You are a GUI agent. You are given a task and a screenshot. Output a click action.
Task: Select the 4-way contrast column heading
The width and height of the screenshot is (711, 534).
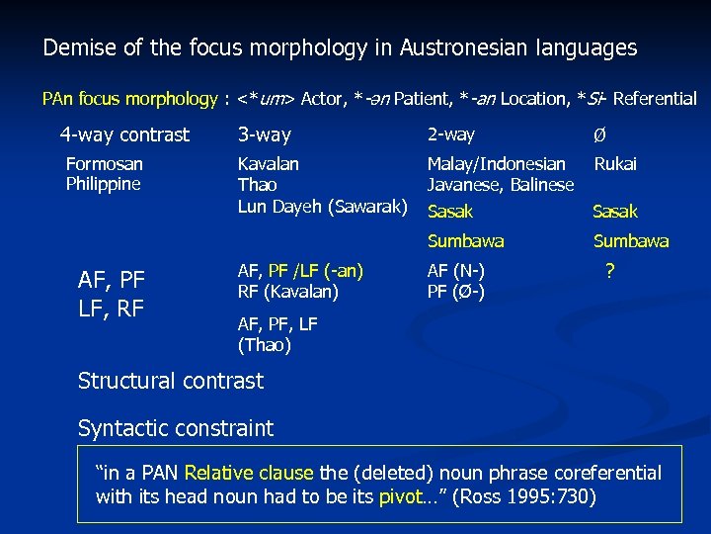(124, 134)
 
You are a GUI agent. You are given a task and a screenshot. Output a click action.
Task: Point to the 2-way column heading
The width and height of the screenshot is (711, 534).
(450, 134)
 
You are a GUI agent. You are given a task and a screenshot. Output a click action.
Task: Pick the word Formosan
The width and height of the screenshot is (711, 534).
(104, 164)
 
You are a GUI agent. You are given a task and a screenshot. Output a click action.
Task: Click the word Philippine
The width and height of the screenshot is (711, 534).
(103, 184)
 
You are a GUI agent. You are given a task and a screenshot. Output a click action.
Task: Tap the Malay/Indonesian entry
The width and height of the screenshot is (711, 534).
(496, 164)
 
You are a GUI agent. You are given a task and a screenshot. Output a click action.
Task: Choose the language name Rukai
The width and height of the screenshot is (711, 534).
(615, 164)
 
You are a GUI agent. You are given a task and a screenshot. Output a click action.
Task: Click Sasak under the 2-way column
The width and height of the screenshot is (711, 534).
(449, 212)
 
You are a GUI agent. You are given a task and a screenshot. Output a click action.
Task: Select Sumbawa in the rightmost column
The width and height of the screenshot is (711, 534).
(630, 241)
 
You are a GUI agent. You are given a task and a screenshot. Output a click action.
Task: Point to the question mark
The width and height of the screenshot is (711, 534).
(610, 269)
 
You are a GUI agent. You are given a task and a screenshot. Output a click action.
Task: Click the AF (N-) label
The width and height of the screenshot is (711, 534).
(455, 270)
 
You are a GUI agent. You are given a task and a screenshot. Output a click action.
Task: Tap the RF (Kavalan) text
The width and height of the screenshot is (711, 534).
(288, 291)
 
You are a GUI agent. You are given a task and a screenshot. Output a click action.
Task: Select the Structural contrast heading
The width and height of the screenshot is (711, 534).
(171, 381)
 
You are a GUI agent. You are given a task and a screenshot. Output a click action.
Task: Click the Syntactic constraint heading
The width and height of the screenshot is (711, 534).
(176, 428)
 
